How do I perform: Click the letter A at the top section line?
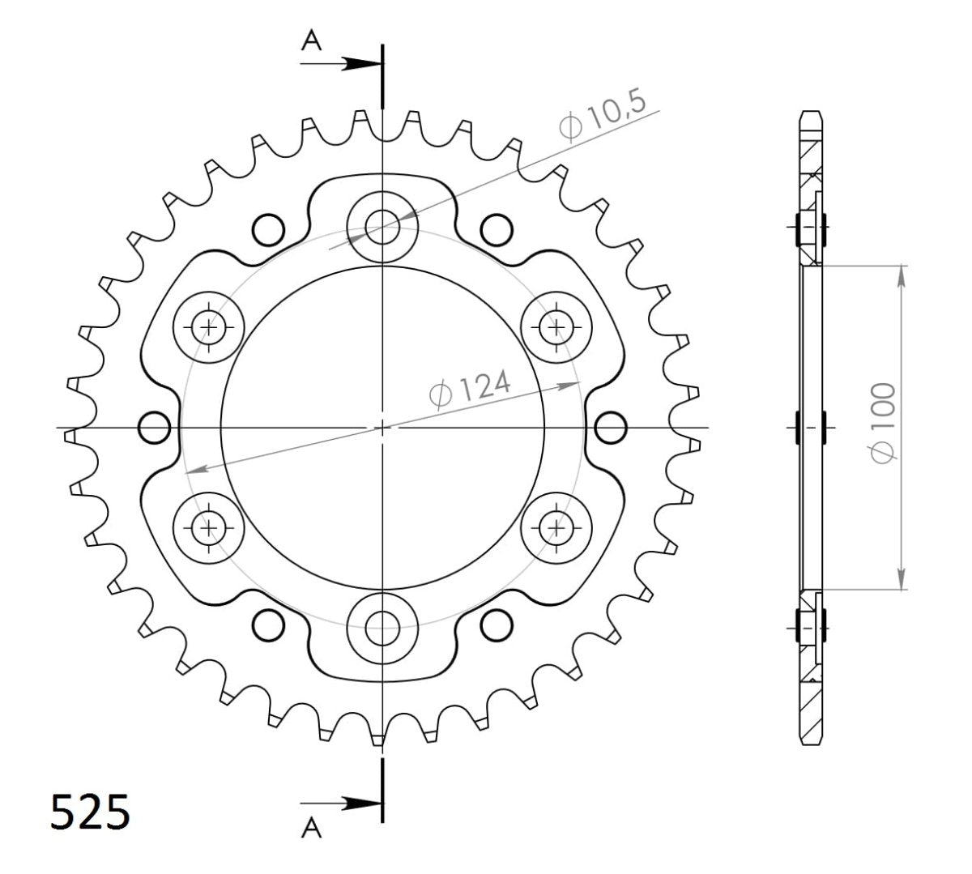click(x=312, y=41)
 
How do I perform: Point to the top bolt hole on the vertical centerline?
click(x=382, y=226)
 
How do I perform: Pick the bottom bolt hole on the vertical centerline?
click(x=382, y=626)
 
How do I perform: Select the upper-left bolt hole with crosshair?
click(x=209, y=327)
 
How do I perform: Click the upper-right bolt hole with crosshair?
click(x=556, y=326)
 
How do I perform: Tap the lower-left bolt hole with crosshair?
click(x=209, y=527)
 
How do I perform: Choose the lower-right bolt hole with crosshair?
click(x=556, y=527)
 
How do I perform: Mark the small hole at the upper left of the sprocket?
click(x=267, y=228)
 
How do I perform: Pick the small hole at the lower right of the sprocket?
click(x=496, y=625)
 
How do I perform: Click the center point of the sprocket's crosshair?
click(x=382, y=427)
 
